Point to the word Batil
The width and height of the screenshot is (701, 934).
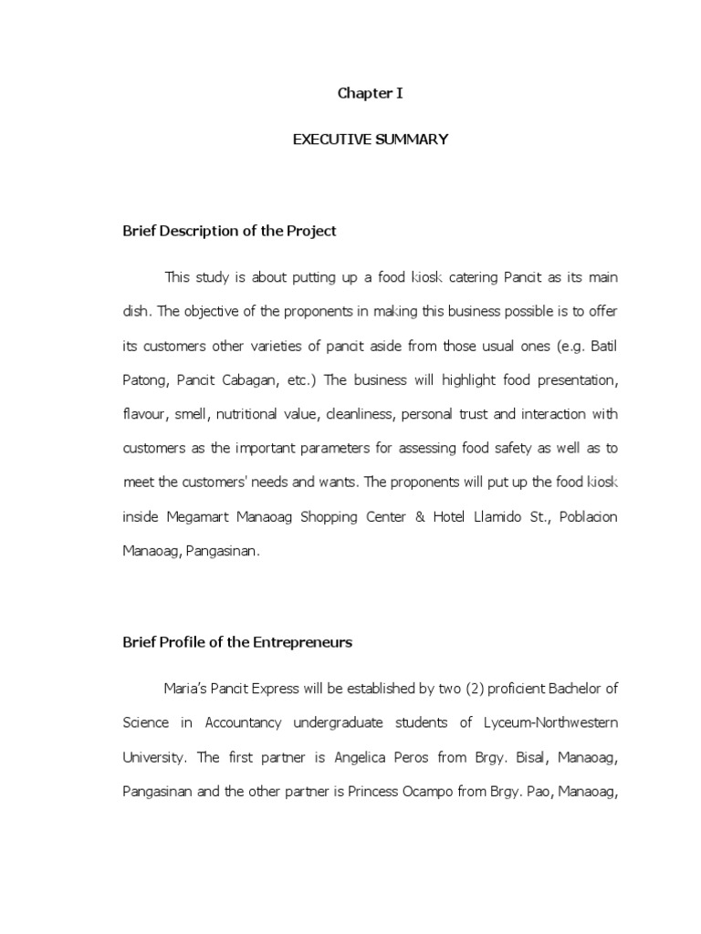click(x=602, y=345)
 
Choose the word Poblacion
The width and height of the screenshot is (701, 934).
click(x=586, y=517)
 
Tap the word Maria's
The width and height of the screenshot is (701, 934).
click(x=186, y=688)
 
